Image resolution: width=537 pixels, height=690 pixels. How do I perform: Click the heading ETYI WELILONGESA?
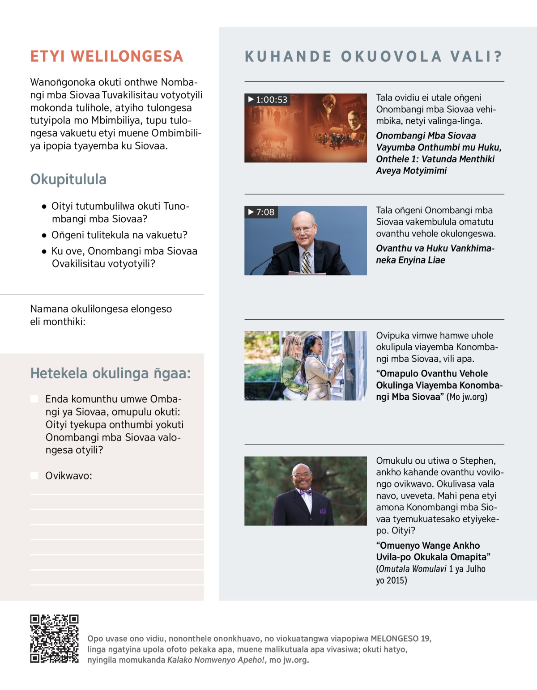(x=107, y=56)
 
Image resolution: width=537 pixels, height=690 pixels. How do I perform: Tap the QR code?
(x=54, y=639)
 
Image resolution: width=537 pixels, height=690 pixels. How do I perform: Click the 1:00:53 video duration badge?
(x=268, y=100)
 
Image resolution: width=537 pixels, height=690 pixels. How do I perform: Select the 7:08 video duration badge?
(x=261, y=212)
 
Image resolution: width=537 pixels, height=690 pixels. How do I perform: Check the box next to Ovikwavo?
(x=34, y=475)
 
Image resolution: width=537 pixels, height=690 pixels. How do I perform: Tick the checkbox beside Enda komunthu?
(x=34, y=399)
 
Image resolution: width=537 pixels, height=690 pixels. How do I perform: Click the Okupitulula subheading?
(x=68, y=179)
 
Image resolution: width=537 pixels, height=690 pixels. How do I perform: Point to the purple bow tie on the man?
(x=306, y=492)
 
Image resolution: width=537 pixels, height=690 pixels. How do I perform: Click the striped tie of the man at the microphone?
(x=306, y=262)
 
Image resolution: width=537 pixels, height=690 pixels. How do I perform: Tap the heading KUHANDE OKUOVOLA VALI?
(x=374, y=57)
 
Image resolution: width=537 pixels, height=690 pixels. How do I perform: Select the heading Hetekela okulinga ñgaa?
(x=110, y=373)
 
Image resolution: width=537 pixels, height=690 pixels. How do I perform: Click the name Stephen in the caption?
(x=477, y=461)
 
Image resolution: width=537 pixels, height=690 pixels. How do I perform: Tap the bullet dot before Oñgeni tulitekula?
(x=44, y=235)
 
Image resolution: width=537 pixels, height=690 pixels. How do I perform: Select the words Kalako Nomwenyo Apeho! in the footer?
(x=216, y=660)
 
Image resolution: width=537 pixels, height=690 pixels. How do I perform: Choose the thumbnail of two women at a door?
(x=305, y=366)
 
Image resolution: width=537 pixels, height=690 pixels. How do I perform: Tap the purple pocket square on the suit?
(x=323, y=511)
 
